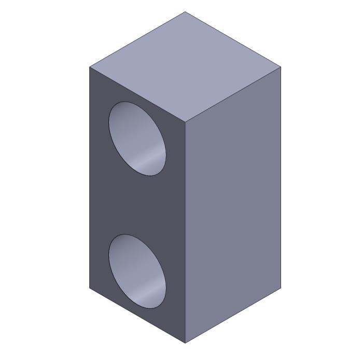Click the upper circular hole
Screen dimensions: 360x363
(x=137, y=138)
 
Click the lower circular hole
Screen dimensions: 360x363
(x=137, y=271)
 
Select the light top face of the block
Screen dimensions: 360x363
(x=185, y=67)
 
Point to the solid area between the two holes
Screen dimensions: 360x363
(x=137, y=205)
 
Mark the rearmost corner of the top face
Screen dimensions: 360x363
(x=185, y=12)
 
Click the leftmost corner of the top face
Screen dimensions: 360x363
(x=90, y=67)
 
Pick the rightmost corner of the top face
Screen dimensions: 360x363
(x=281, y=67)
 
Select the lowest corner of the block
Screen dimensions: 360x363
(x=185, y=343)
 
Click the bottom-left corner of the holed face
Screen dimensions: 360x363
(x=90, y=287)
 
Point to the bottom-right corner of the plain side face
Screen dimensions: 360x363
(x=281, y=287)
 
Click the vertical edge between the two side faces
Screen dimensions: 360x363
(x=185, y=233)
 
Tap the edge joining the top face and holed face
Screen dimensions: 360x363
(x=137, y=95)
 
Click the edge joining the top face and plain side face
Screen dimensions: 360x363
(x=233, y=95)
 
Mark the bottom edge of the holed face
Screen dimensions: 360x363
(x=137, y=315)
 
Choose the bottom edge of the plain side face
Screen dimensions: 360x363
(x=233, y=315)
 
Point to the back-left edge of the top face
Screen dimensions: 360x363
(x=137, y=39)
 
